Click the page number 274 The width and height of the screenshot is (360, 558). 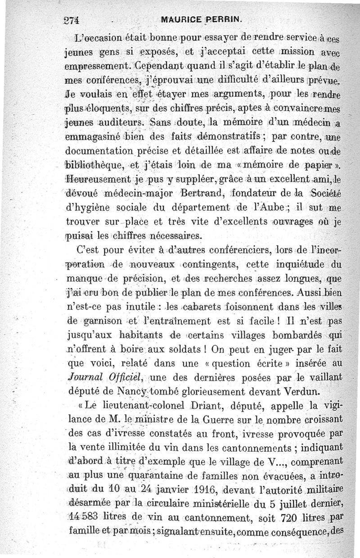[x=71, y=20]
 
